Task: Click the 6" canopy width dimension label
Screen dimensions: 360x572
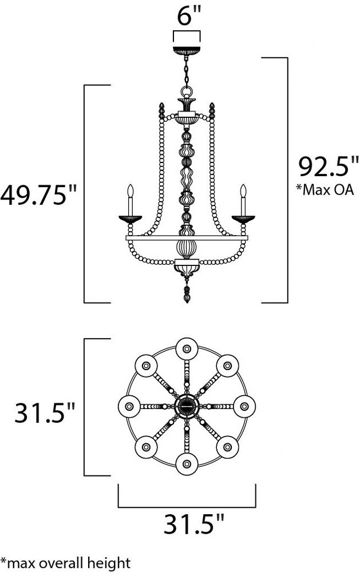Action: point(189,15)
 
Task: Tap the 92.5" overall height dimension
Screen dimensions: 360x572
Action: point(329,166)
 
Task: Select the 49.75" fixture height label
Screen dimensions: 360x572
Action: point(39,195)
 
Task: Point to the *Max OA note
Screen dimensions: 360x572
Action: point(325,190)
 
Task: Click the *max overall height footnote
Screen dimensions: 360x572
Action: point(65,563)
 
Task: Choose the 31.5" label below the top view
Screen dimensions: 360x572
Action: point(193,524)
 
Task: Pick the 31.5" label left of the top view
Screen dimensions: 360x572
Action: point(45,412)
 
